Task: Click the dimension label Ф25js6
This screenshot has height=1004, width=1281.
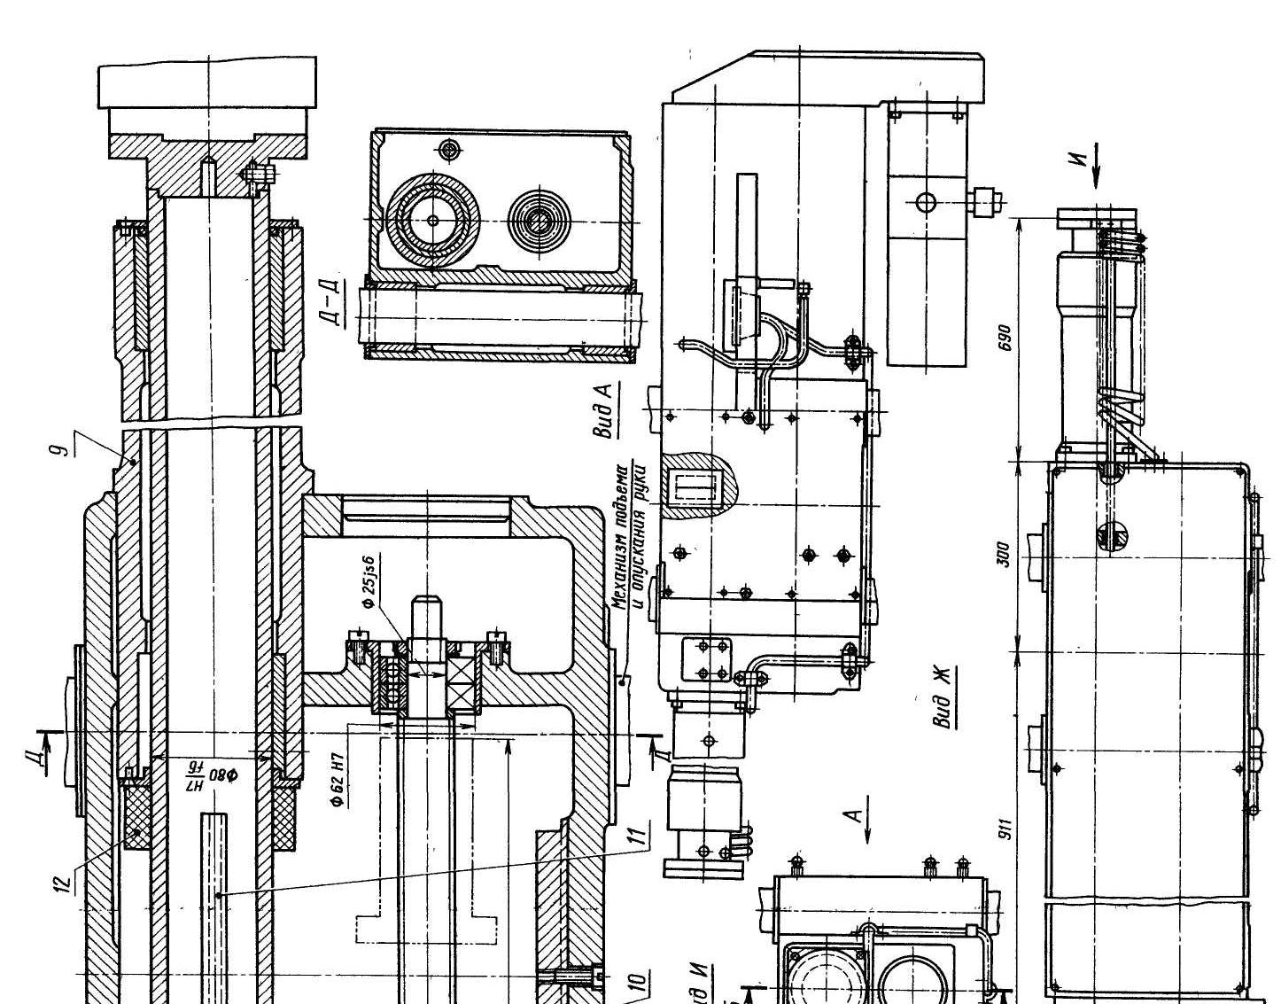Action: [369, 580]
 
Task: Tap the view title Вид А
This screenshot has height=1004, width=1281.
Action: [605, 409]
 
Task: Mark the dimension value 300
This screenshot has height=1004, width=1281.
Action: [1004, 556]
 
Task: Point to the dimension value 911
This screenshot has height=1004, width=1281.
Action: [1004, 829]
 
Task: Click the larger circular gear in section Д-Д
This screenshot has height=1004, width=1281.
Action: [433, 219]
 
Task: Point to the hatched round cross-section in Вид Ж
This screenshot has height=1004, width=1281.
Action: [1113, 536]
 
